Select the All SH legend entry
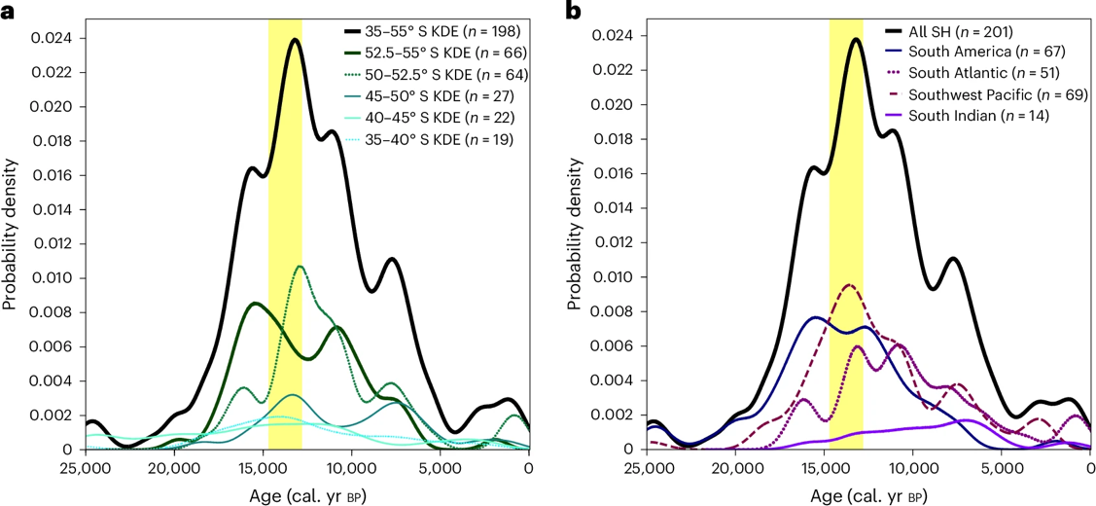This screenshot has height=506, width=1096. [x=958, y=32]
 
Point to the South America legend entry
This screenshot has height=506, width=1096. [x=976, y=53]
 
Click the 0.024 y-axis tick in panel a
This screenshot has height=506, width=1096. [x=57, y=38]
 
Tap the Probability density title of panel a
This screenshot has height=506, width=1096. [x=11, y=243]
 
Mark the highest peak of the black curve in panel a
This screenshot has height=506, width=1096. [x=294, y=40]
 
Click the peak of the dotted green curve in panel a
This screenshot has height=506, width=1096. [x=300, y=267]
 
